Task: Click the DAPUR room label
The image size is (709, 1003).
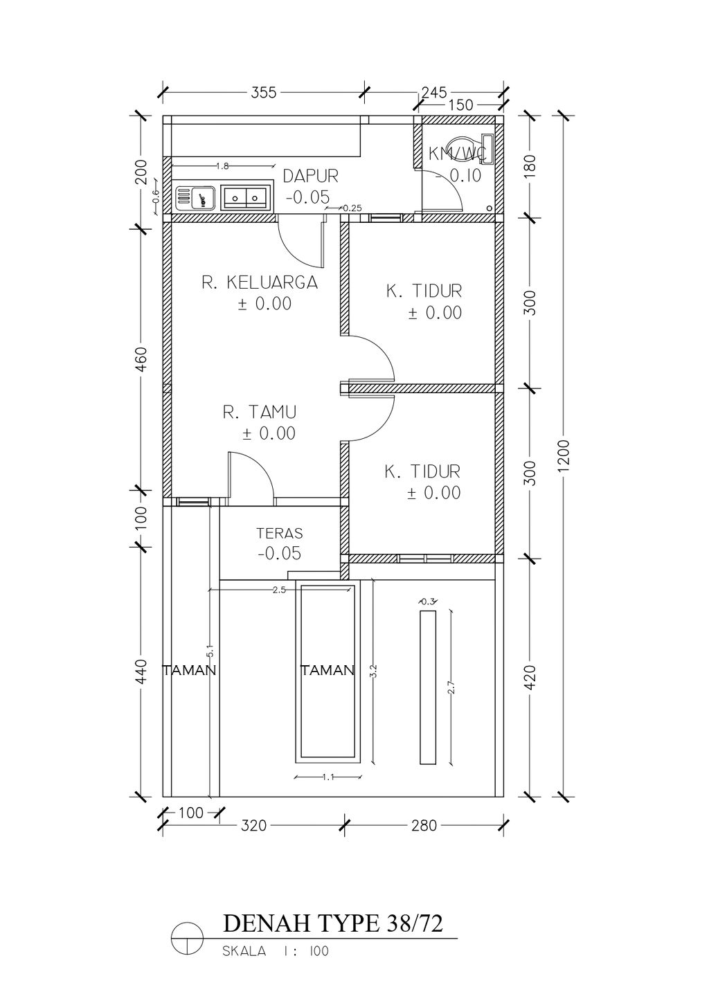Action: pyautogui.click(x=310, y=176)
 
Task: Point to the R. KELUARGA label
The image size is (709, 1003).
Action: pyautogui.click(x=260, y=282)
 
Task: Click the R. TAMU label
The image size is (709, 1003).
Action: pyautogui.click(x=260, y=412)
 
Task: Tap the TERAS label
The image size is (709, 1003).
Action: pyautogui.click(x=280, y=533)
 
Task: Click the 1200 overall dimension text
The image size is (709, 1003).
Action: pyautogui.click(x=564, y=455)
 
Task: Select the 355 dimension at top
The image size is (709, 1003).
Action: pyautogui.click(x=264, y=93)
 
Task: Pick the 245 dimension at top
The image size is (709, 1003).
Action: pyautogui.click(x=434, y=92)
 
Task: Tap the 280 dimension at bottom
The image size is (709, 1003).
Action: pyautogui.click(x=424, y=825)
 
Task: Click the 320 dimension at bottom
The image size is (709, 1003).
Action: pyautogui.click(x=253, y=825)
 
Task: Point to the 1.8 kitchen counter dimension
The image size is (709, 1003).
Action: pyautogui.click(x=222, y=166)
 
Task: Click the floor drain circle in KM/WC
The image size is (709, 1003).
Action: pyautogui.click(x=490, y=208)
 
